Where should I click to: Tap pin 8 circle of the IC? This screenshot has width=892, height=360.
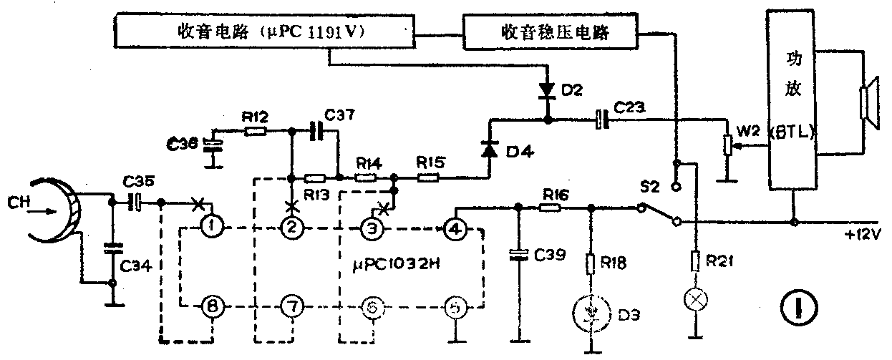coord(213,306)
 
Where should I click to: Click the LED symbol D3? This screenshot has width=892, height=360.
coord(592,312)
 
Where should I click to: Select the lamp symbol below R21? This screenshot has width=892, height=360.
coord(694,299)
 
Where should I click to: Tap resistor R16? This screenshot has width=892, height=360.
coord(549,208)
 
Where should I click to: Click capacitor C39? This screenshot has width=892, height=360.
coord(516,254)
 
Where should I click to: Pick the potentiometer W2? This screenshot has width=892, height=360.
coord(727,147)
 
